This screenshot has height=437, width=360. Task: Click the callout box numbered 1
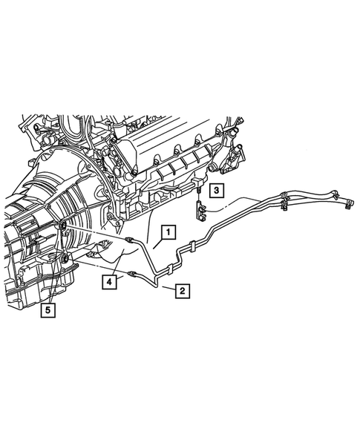pos(169,232)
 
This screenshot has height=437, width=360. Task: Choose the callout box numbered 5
pos(48,310)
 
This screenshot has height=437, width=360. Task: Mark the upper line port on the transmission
pos(62,226)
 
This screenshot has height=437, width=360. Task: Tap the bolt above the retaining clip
pos(200,194)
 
